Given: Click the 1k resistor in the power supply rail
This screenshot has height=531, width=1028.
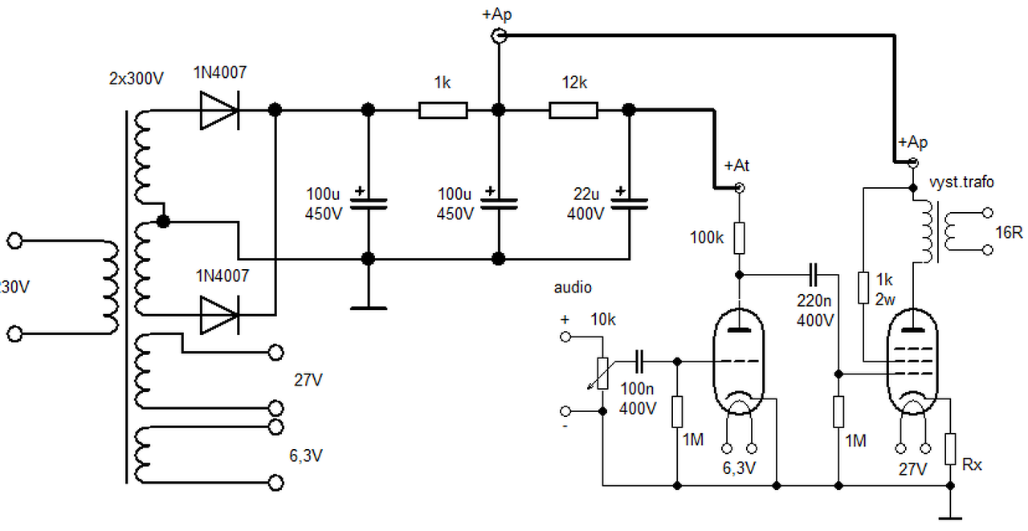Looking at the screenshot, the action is point(443,110).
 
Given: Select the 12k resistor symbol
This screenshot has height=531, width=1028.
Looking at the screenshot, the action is point(573,110).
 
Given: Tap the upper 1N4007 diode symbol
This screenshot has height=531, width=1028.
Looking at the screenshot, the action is point(219,110).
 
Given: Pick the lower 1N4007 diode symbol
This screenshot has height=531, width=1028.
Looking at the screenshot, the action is point(219,315).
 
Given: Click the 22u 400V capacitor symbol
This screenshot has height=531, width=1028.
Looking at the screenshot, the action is point(629,204).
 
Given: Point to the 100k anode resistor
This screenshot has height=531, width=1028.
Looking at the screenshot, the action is point(739,238).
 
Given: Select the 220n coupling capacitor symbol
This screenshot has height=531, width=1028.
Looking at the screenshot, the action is point(814,275).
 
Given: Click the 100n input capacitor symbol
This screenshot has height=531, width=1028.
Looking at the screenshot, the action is point(639,361).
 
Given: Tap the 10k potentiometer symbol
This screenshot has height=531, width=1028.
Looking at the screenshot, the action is point(602,374).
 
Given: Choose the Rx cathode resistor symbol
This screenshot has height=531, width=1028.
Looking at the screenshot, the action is point(950,449).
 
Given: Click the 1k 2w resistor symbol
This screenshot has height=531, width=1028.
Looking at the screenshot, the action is point(863,288).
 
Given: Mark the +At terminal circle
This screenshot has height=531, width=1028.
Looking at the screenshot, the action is point(740,188).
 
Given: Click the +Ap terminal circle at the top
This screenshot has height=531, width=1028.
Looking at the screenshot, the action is point(500,35).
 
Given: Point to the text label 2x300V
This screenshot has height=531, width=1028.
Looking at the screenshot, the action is point(137,79).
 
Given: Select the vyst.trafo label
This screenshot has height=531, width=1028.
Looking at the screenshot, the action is point(961,182).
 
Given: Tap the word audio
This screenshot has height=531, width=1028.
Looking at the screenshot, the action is point(573,288).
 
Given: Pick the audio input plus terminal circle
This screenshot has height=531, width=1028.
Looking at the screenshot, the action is point(565,337).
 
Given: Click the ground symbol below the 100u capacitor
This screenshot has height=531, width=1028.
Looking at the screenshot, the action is point(369,308).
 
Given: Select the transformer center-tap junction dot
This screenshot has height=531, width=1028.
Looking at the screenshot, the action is point(163,222).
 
